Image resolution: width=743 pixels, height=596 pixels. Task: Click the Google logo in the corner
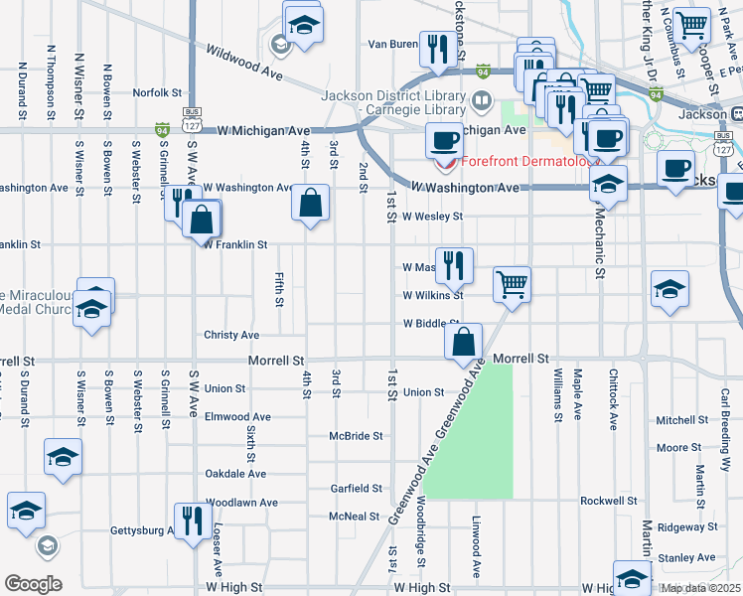click(x=33, y=584)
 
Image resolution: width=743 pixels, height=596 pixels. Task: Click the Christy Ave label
click(x=231, y=336)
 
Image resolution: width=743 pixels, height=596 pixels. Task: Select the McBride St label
click(x=357, y=436)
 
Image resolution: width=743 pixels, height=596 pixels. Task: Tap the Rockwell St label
click(x=608, y=501)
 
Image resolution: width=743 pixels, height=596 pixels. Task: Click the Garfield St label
click(x=357, y=489)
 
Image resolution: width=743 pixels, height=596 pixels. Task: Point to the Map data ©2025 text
click(x=701, y=588)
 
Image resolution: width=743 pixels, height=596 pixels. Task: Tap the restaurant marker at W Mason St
click(x=454, y=264)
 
